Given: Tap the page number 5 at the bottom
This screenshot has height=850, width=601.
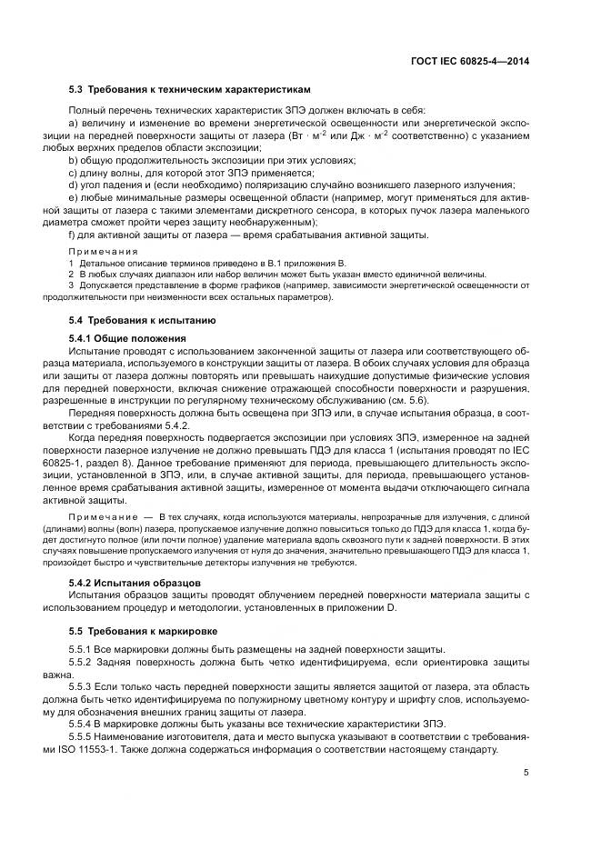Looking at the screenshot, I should click(527, 774).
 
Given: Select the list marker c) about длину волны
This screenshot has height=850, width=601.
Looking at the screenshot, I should click(74, 173).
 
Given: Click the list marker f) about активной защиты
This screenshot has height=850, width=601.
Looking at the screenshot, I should click(73, 235).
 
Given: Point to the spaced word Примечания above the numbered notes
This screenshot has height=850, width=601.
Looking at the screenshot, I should click(103, 250).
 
